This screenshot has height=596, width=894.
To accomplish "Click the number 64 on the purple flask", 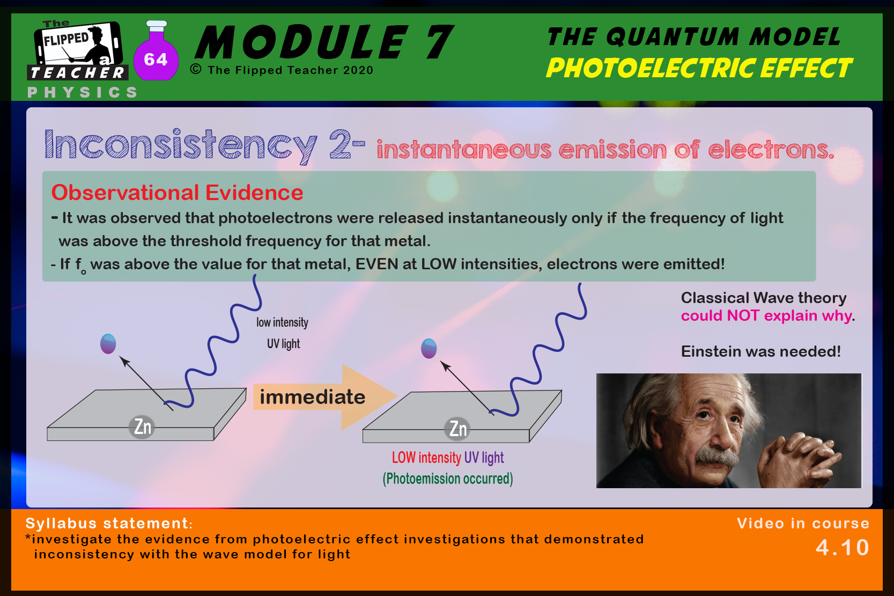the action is point(156,60).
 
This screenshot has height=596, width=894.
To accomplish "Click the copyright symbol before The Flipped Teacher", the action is point(196,69).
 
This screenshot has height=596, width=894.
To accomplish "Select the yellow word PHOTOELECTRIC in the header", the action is point(650,68).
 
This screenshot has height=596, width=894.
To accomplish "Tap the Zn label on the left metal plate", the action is point(143,426).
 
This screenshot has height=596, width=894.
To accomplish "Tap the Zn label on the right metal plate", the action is point(458,429).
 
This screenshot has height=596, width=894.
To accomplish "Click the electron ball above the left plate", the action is point(108,344).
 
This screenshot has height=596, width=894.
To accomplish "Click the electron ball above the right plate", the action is point(428,349).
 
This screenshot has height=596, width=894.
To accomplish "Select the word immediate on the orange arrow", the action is point(313,397).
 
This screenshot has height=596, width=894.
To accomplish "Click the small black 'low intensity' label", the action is point(282,322).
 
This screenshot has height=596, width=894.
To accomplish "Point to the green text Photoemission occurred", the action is point(448,479).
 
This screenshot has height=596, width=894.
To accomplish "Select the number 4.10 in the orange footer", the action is point(842,547).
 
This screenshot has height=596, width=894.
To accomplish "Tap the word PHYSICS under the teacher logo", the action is point(83,93).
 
